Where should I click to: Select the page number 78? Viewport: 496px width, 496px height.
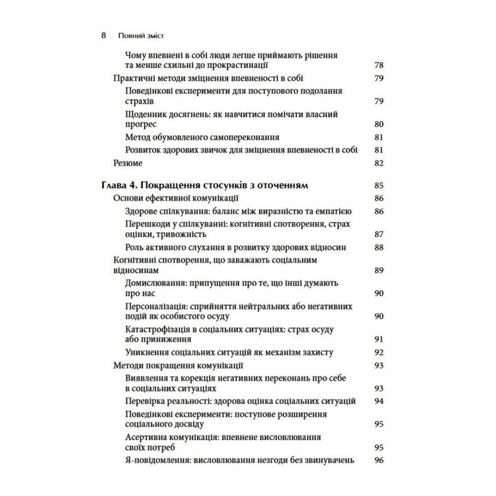pos(379,65)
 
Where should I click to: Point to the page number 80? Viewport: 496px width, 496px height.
pos(379,124)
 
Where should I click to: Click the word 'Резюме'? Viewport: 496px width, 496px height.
pos(128,163)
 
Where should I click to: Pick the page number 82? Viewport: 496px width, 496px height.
pos(379,163)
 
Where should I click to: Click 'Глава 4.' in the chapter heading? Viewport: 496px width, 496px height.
pos(117,186)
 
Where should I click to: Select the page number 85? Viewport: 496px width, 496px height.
pos(379,186)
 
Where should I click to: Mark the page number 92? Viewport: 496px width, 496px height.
pos(379,353)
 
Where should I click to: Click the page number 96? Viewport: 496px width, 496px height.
pos(379,460)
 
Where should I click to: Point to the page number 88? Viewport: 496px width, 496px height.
pos(379,247)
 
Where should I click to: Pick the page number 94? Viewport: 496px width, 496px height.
pos(379,401)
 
